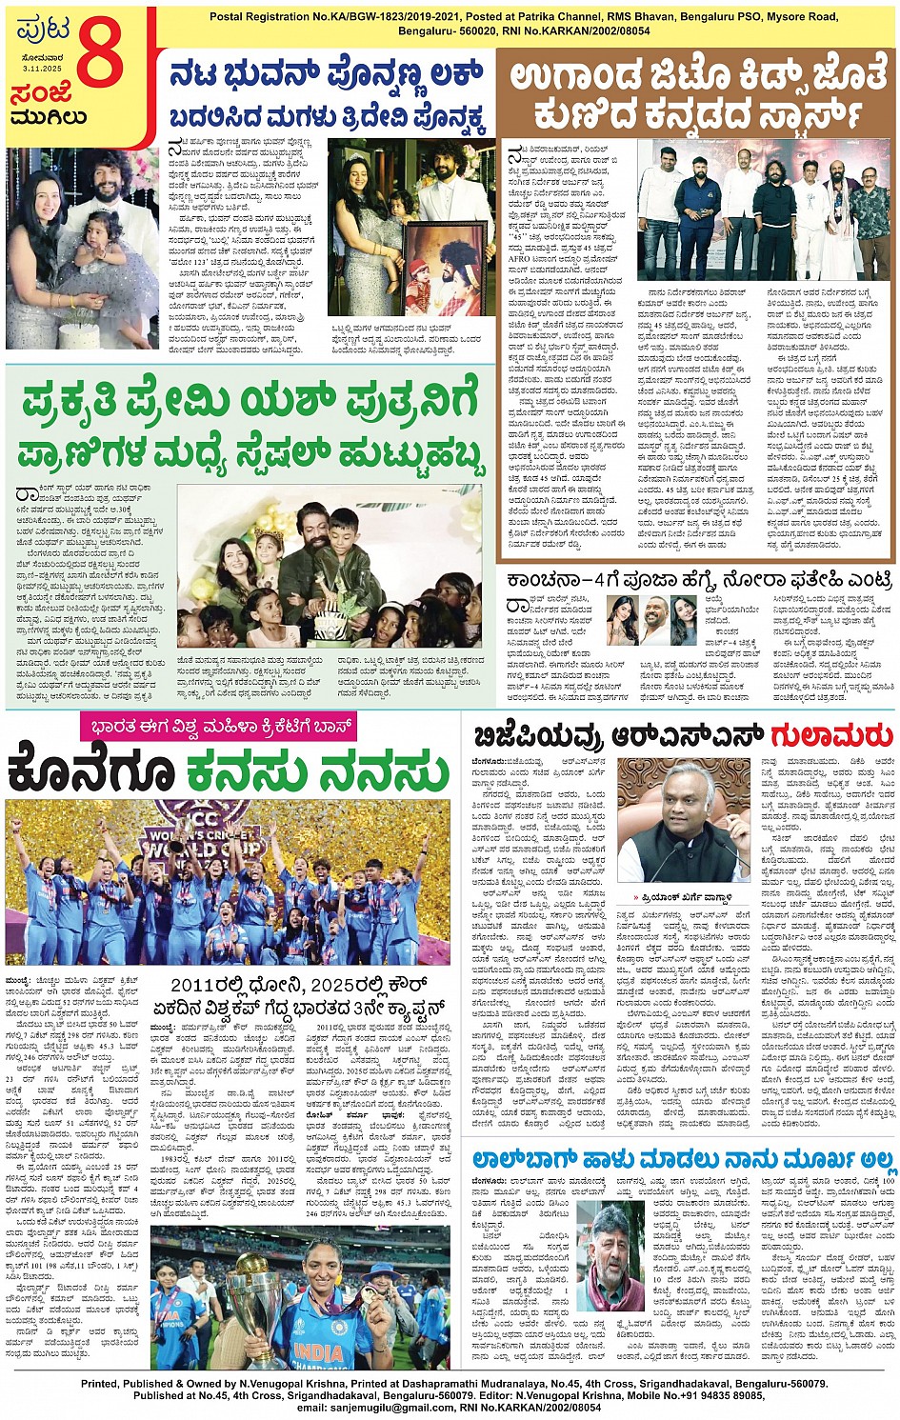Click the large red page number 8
[101, 55]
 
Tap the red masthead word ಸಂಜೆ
[43, 95]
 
